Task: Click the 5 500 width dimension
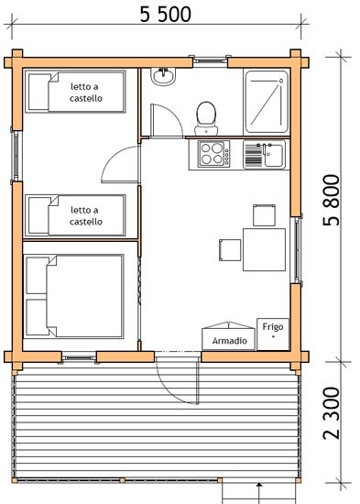[166, 15]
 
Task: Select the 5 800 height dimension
[332, 200]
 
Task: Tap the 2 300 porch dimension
[332, 413]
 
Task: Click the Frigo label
[273, 326]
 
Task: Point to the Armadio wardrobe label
[230, 341]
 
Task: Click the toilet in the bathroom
[206, 118]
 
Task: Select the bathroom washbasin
[163, 76]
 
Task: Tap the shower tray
[267, 103]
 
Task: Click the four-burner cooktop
[214, 154]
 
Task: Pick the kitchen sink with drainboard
[264, 155]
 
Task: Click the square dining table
[264, 249]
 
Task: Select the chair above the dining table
[264, 215]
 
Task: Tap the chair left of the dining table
[230, 250]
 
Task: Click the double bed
[73, 296]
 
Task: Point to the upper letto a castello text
[85, 93]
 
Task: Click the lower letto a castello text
[85, 215]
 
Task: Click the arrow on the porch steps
[260, 493]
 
